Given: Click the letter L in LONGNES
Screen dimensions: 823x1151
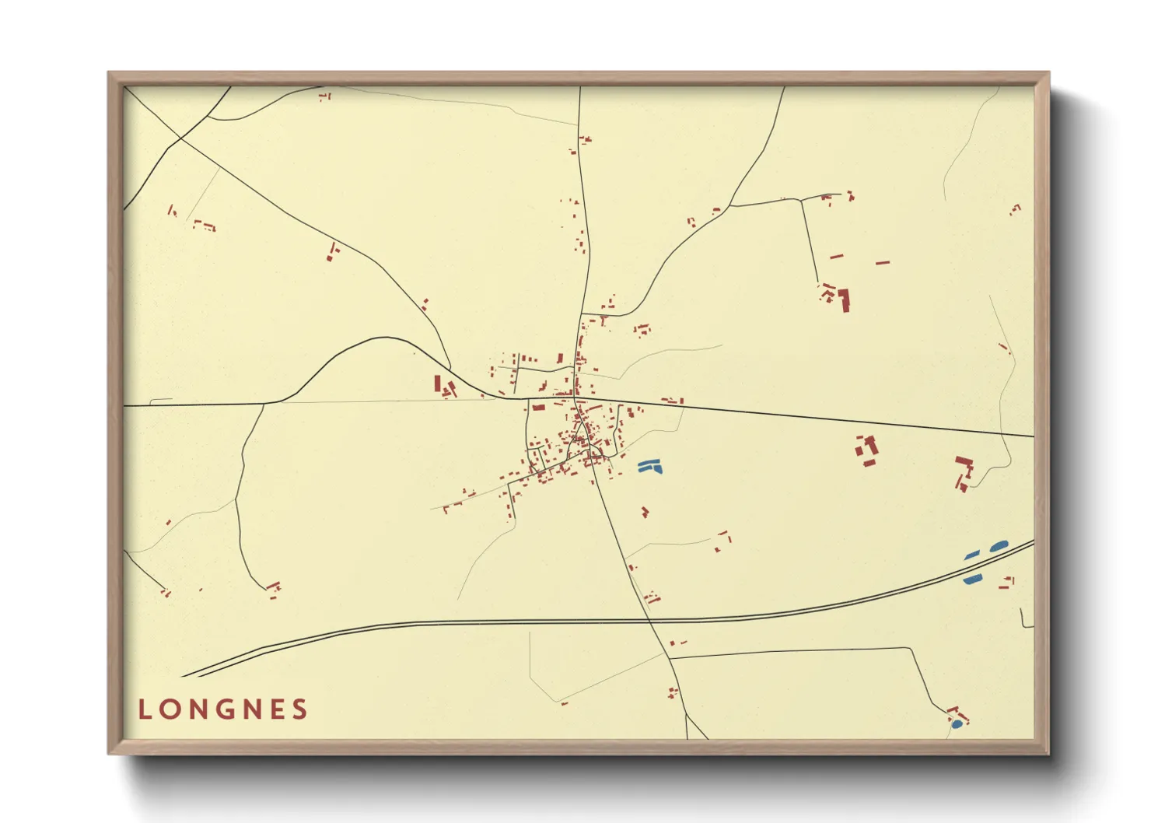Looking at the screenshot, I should (x=144, y=709).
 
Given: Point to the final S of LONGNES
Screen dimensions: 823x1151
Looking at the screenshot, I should (x=300, y=709).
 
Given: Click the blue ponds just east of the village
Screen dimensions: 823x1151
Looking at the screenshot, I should (x=649, y=467).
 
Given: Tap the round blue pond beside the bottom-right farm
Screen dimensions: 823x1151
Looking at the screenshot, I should (x=957, y=724).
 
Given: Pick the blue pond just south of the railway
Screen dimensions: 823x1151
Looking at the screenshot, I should (x=973, y=580).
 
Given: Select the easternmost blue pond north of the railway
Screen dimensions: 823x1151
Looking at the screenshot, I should (x=998, y=547).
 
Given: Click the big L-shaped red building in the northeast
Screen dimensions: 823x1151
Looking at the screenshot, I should (x=844, y=300).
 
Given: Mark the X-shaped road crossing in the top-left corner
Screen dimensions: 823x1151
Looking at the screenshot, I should (x=180, y=139).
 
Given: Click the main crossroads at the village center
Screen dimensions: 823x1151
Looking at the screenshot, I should (x=576, y=398).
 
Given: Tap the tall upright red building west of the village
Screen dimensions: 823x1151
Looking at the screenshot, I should (x=437, y=383).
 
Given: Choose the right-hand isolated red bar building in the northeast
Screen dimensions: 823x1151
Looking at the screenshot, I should (x=882, y=263).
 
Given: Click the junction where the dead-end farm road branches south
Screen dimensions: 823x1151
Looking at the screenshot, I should (x=802, y=201).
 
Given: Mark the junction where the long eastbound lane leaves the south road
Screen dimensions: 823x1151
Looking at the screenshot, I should (x=670, y=658).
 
